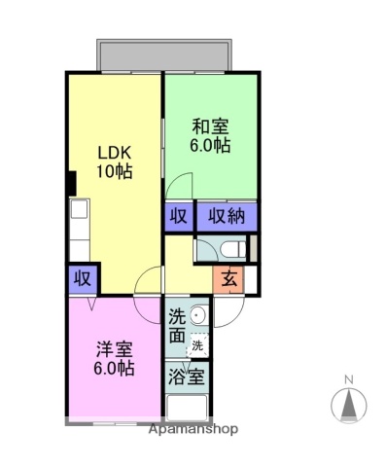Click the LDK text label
pyautogui.click(x=114, y=153)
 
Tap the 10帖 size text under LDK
pyautogui.click(x=114, y=171)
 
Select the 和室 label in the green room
pyautogui.click(x=209, y=126)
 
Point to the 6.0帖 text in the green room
pyautogui.click(x=209, y=145)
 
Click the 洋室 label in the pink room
pyautogui.click(x=114, y=349)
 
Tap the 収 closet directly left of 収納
pyautogui.click(x=178, y=215)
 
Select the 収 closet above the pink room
pyautogui.click(x=83, y=279)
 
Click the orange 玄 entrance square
pyautogui.click(x=228, y=278)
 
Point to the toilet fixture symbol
pyautogui.click(x=219, y=248)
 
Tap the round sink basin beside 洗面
pyautogui.click(x=197, y=314)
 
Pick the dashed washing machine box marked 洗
pyautogui.click(x=197, y=344)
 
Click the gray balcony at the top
pyautogui.click(x=162, y=54)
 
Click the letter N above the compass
pyautogui.click(x=348, y=379)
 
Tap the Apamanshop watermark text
pyautogui.click(x=193, y=428)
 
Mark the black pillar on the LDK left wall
pyautogui.click(x=71, y=182)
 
